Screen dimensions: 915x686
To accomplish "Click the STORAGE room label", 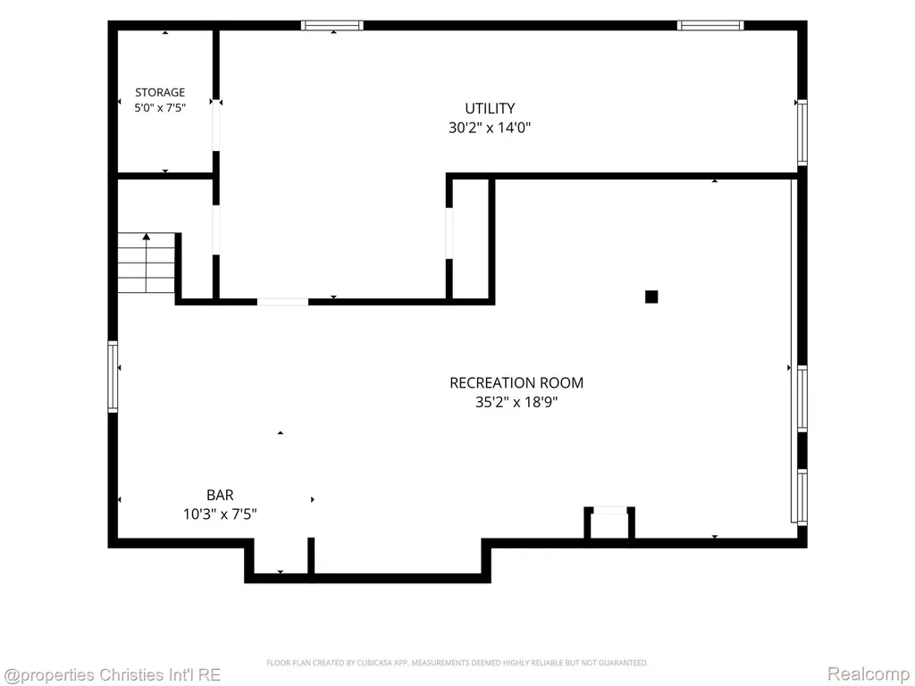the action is click(160, 92).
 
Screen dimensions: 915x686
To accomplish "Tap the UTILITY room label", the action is click(490, 108).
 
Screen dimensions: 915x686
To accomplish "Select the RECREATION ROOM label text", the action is click(516, 382).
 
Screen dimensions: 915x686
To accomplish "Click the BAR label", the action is click(220, 495).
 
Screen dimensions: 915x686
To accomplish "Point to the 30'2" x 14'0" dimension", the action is click(490, 128).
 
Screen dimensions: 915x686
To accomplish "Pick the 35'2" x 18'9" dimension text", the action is click(516, 402).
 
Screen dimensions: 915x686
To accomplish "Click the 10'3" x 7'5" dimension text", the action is click(220, 514).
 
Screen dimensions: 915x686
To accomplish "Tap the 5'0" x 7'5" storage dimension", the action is click(160, 108).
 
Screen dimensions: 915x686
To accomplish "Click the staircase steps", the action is click(147, 264).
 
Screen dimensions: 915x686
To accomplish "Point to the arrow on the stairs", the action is click(146, 263).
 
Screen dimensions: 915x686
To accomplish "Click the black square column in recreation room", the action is click(651, 297).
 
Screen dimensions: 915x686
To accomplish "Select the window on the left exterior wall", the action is click(113, 377).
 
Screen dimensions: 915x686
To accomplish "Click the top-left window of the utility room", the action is click(332, 25).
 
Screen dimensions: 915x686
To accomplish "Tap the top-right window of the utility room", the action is click(710, 25).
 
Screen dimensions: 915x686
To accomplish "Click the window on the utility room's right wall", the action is click(802, 133).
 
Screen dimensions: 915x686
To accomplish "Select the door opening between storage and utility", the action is click(216, 125).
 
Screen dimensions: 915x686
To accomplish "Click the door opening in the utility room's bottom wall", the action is click(283, 302).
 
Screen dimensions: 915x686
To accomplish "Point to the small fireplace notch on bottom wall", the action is click(609, 523).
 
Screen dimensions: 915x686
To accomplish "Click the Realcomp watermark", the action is click(869, 674).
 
